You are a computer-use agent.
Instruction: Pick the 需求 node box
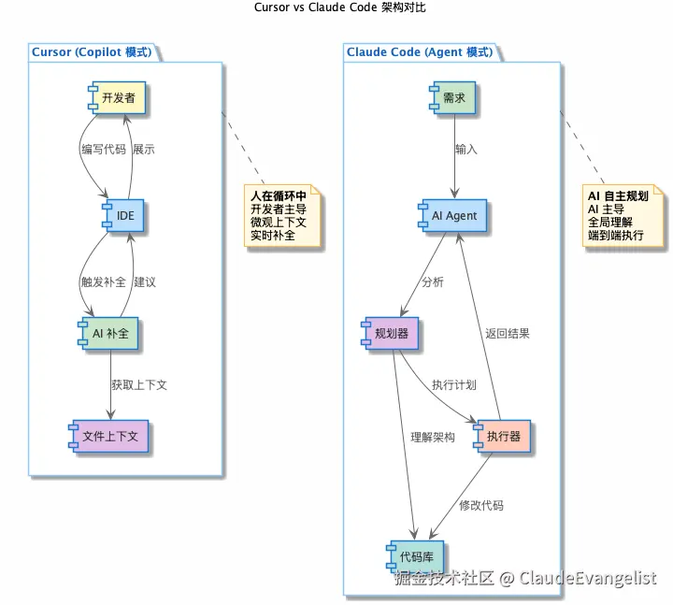(454, 97)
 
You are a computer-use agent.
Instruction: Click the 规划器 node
(392, 333)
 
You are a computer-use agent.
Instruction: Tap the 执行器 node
(503, 436)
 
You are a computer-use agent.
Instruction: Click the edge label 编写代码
(103, 149)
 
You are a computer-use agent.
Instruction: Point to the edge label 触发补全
(103, 281)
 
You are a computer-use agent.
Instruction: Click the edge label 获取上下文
(138, 384)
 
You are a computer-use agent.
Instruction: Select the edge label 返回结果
(507, 333)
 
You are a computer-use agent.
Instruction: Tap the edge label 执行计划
(454, 384)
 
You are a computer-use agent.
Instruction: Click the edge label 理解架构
(432, 436)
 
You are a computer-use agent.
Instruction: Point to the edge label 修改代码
(480, 505)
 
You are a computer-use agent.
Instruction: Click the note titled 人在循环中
(284, 216)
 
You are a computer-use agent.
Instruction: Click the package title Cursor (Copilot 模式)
(92, 52)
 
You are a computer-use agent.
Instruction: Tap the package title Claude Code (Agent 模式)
(419, 52)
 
